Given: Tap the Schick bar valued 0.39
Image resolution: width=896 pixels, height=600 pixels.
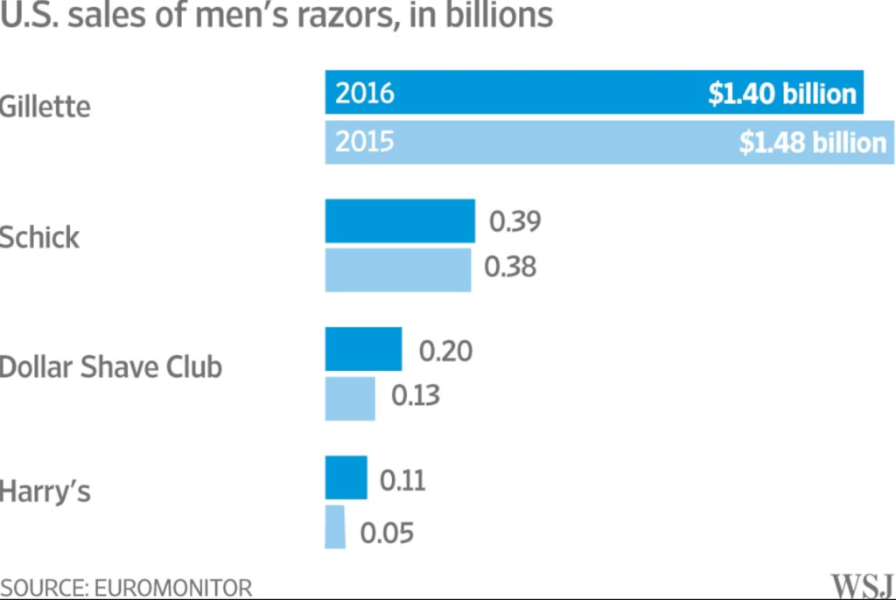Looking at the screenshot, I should (400, 220).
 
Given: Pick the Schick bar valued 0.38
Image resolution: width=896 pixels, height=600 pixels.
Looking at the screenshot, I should (398, 270).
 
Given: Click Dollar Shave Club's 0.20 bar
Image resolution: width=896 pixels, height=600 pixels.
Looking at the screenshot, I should (363, 349).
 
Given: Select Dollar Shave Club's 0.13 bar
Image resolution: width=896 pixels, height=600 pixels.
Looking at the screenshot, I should (350, 399).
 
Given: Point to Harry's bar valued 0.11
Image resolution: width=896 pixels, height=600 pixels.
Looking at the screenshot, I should (346, 478).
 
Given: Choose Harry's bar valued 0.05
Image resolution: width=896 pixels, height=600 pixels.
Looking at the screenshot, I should (335, 527).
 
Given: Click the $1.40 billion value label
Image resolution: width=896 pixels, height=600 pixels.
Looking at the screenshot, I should (781, 94).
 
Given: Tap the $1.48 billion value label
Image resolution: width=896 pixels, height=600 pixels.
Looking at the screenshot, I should (813, 143).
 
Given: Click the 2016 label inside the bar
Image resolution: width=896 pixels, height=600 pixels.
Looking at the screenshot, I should (365, 94).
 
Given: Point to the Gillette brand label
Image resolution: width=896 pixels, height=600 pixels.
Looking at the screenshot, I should (45, 108).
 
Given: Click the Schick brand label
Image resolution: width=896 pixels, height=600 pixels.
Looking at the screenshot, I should (39, 237).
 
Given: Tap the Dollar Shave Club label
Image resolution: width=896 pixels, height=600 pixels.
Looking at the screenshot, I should (111, 366).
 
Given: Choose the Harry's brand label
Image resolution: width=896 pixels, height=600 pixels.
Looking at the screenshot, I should (45, 492).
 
